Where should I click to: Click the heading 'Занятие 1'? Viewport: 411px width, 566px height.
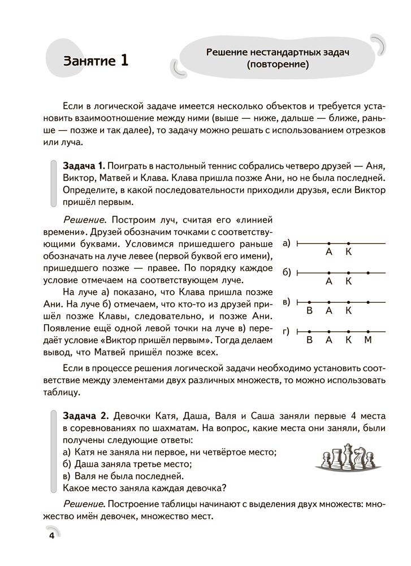(96, 61)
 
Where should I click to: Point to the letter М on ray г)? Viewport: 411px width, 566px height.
(367, 341)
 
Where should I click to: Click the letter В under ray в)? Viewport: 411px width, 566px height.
(309, 311)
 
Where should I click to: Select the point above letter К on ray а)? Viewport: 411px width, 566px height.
(348, 243)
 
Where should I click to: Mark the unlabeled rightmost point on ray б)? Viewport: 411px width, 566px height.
(368, 273)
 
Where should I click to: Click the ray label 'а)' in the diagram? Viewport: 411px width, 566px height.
(285, 243)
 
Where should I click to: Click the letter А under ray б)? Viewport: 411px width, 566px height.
(328, 281)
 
